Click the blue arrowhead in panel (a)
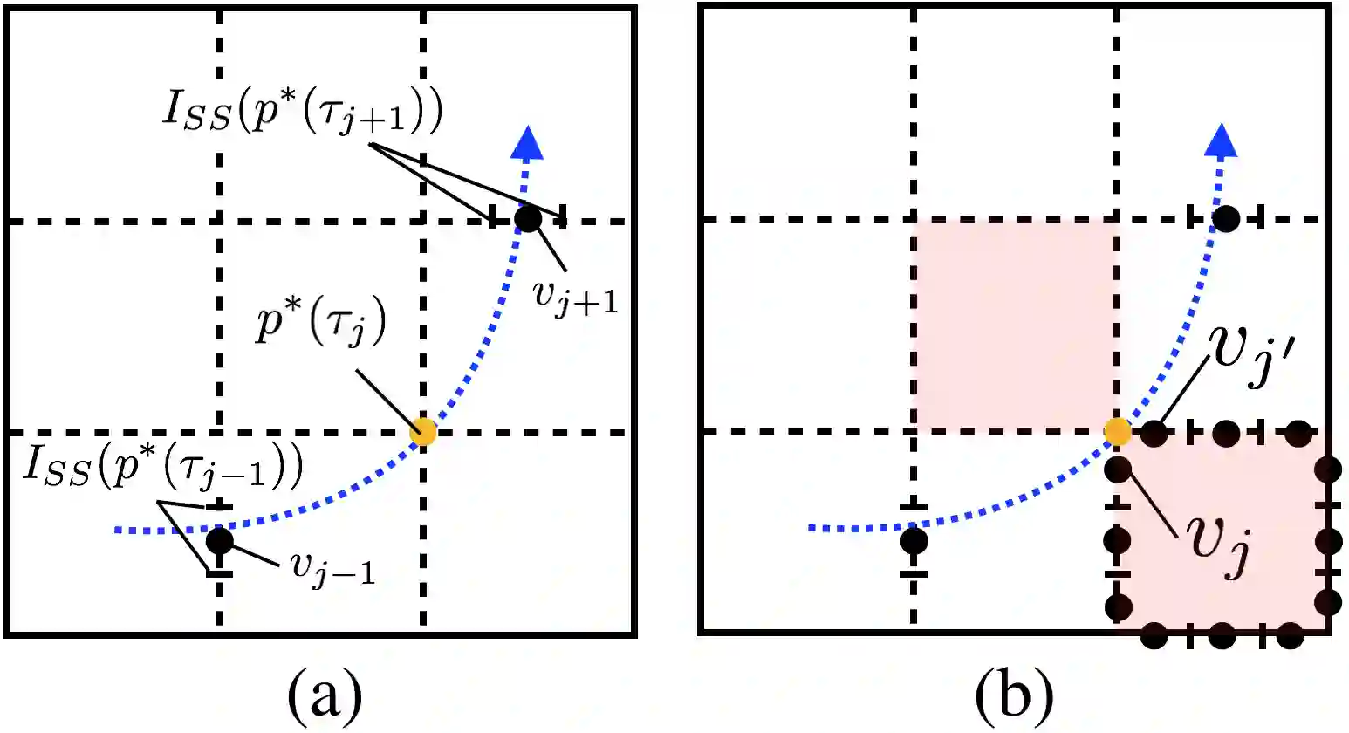[x=526, y=143]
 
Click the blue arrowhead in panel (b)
[x=1221, y=140]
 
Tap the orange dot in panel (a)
[x=423, y=431]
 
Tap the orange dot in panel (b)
[x=1118, y=430]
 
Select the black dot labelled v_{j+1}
[x=528, y=218]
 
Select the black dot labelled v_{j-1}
[x=220, y=541]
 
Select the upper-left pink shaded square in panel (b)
[x=1016, y=325]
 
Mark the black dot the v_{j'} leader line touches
[x=1154, y=431]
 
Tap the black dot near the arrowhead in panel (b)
[x=1225, y=218]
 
